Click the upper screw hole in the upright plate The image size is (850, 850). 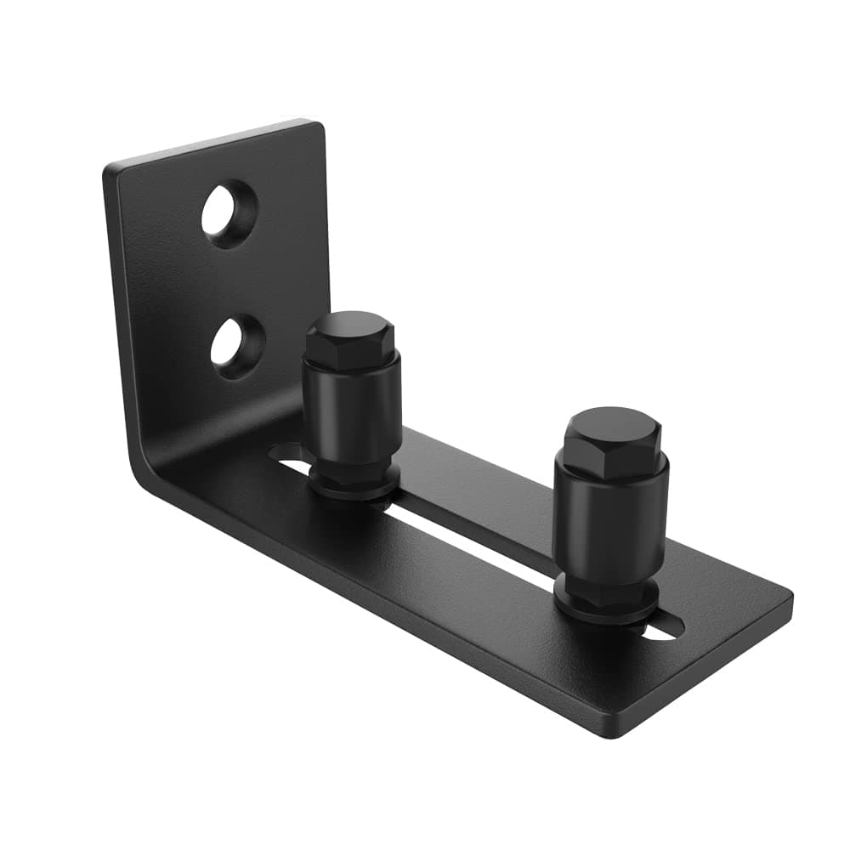tap(229, 212)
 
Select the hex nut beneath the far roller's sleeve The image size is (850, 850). tap(608, 588)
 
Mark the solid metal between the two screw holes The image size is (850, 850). tap(231, 279)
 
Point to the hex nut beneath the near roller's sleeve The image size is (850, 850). tap(353, 473)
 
